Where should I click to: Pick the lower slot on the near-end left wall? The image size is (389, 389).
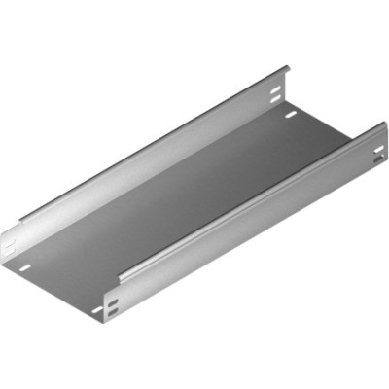[x=9, y=249]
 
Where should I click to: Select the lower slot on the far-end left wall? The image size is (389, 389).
[x=277, y=98]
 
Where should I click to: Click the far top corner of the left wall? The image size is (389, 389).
[x=288, y=67]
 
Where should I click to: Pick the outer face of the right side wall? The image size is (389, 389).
[x=243, y=233]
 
